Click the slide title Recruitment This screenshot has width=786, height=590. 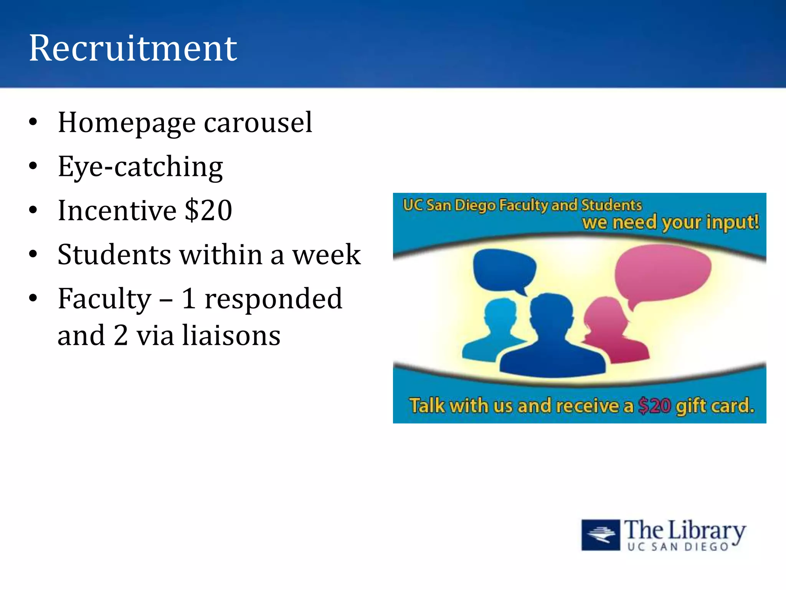[133, 48]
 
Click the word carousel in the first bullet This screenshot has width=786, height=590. [258, 123]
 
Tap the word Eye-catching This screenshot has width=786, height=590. [140, 167]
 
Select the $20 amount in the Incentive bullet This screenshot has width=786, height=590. [208, 210]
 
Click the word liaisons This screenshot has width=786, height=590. [231, 335]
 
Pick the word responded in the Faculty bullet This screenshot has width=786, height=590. [273, 299]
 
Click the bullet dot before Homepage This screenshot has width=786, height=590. [33, 122]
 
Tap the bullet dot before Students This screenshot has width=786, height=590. [33, 254]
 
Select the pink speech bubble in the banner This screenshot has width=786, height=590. [662, 273]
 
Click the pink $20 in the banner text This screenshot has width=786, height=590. [655, 406]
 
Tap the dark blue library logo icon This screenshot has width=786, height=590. [600, 535]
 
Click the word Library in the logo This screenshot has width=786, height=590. [707, 531]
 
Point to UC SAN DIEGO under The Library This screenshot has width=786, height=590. [678, 547]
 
